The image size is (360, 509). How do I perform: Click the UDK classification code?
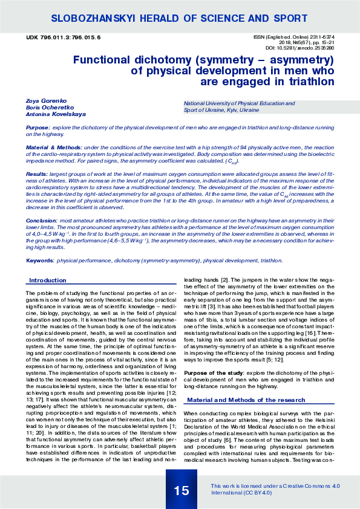pos(64,37)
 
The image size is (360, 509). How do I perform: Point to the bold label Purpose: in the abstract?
pos(38,128)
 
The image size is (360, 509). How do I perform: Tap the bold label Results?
pos(36,173)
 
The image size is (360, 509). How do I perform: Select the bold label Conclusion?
pos(41,221)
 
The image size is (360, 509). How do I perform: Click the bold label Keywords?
pos(40,261)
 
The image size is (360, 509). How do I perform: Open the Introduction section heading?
pos(48,280)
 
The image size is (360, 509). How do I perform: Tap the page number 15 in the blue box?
pos(182,490)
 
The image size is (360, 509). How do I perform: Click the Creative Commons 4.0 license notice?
pos(275,489)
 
